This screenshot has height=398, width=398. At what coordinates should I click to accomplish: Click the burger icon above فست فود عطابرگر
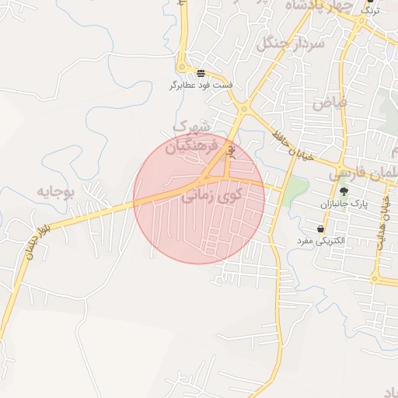pyautogui.click(x=201, y=73)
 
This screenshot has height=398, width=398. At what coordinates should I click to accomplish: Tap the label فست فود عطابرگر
pyautogui.click(x=201, y=84)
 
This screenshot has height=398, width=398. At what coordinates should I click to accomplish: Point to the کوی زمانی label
pyautogui.click(x=212, y=197)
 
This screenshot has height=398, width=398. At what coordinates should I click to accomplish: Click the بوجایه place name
pyautogui.click(x=56, y=190)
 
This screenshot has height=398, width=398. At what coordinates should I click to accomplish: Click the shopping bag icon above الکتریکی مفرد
pyautogui.click(x=321, y=229)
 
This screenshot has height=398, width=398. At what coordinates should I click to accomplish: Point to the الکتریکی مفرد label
pyautogui.click(x=321, y=241)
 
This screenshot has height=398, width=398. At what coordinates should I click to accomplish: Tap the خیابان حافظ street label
pyautogui.click(x=292, y=145)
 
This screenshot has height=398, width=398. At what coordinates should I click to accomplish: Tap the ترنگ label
pyautogui.click(x=372, y=11)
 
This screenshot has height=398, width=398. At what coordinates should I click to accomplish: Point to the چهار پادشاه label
pyautogui.click(x=318, y=5)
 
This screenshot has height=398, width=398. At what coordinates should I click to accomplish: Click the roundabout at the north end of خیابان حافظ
pyautogui.click(x=243, y=110)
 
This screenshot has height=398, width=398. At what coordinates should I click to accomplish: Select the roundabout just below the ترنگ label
pyautogui.click(x=361, y=23)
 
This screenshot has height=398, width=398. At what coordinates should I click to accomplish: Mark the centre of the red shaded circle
pyautogui.click(x=199, y=198)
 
